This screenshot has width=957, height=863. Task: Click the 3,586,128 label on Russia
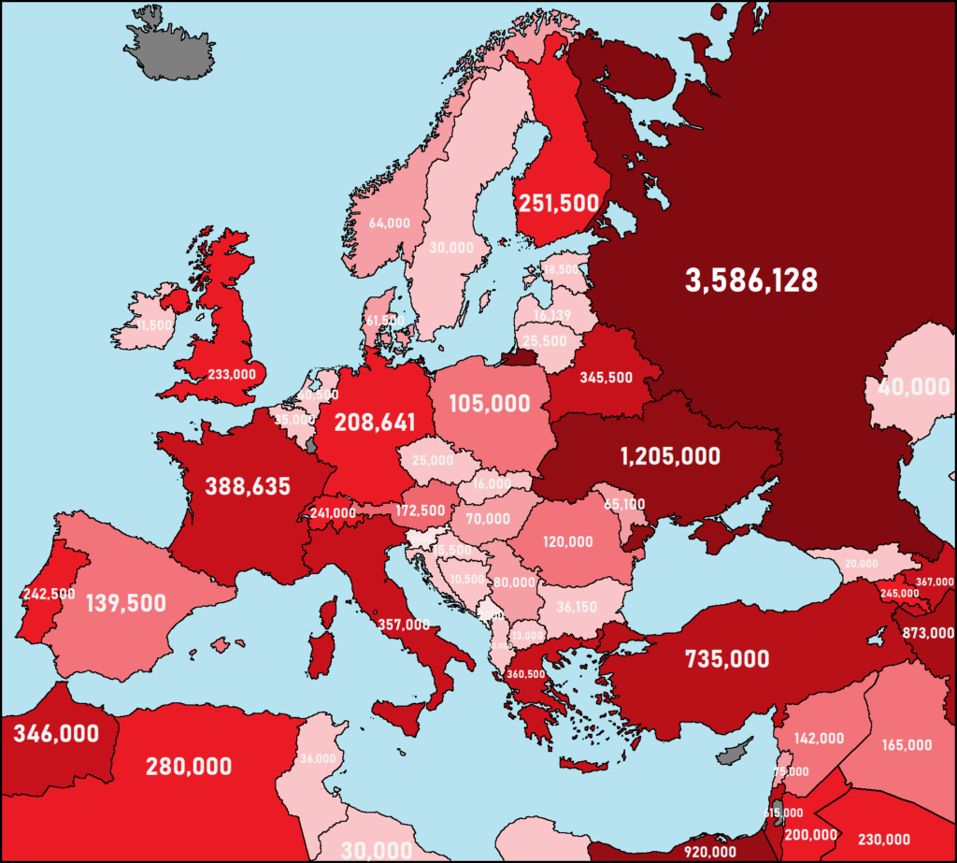[x=751, y=280]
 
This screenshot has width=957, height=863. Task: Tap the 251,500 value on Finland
[x=559, y=203]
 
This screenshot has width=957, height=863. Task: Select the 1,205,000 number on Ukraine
[x=670, y=456]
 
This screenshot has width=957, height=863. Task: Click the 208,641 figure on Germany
[x=374, y=422]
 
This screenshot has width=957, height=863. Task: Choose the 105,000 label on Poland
[x=490, y=404]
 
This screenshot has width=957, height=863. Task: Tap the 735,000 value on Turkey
[x=727, y=658]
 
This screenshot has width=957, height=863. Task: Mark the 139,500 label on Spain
[x=125, y=603]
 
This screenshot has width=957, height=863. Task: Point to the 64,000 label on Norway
[x=390, y=223]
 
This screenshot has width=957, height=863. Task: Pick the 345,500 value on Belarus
[x=607, y=378]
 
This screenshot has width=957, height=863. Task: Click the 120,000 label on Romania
[x=567, y=541]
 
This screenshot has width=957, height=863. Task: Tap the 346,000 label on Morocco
[x=56, y=734]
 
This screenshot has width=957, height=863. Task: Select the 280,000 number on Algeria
[x=189, y=767]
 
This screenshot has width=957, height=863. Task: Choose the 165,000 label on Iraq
[x=907, y=745]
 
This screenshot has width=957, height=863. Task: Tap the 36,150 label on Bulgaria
[x=577, y=606]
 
